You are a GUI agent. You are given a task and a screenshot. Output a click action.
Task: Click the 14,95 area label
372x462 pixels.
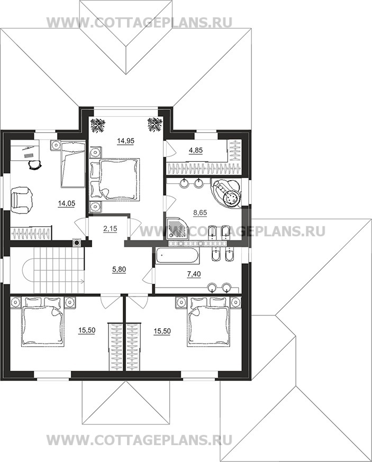point(125,141)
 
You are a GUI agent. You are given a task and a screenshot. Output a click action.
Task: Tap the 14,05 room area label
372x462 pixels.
point(67,204)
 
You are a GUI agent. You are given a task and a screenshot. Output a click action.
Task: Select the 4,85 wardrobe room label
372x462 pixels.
point(196,150)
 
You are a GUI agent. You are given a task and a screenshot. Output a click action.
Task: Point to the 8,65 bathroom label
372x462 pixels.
point(199,212)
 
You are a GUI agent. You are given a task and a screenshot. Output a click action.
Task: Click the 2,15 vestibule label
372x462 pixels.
point(110,229)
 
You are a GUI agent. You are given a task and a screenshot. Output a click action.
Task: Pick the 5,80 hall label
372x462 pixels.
point(119,269)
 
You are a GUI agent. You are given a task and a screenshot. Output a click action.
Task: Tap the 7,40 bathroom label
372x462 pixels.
point(194,274)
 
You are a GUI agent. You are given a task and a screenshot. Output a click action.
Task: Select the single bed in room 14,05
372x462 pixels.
point(73,164)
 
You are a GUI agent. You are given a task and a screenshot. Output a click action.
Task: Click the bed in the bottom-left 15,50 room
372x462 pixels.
point(43,322)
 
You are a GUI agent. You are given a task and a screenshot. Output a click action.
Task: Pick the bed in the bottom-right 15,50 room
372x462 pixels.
point(208,321)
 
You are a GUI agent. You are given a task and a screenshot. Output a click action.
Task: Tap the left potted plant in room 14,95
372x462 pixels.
point(96,125)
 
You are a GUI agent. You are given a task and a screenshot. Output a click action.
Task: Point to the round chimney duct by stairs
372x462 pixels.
point(77,243)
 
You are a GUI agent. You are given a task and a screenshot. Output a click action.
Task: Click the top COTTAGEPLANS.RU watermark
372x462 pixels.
point(140,23)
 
